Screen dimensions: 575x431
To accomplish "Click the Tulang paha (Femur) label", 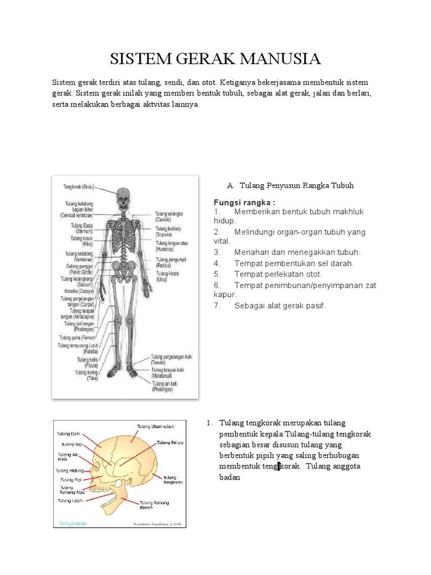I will (x=76, y=337).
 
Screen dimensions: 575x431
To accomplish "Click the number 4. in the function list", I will (x=217, y=263).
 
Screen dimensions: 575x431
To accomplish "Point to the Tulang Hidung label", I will (x=69, y=470).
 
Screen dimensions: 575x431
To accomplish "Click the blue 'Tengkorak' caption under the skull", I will (x=70, y=523).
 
